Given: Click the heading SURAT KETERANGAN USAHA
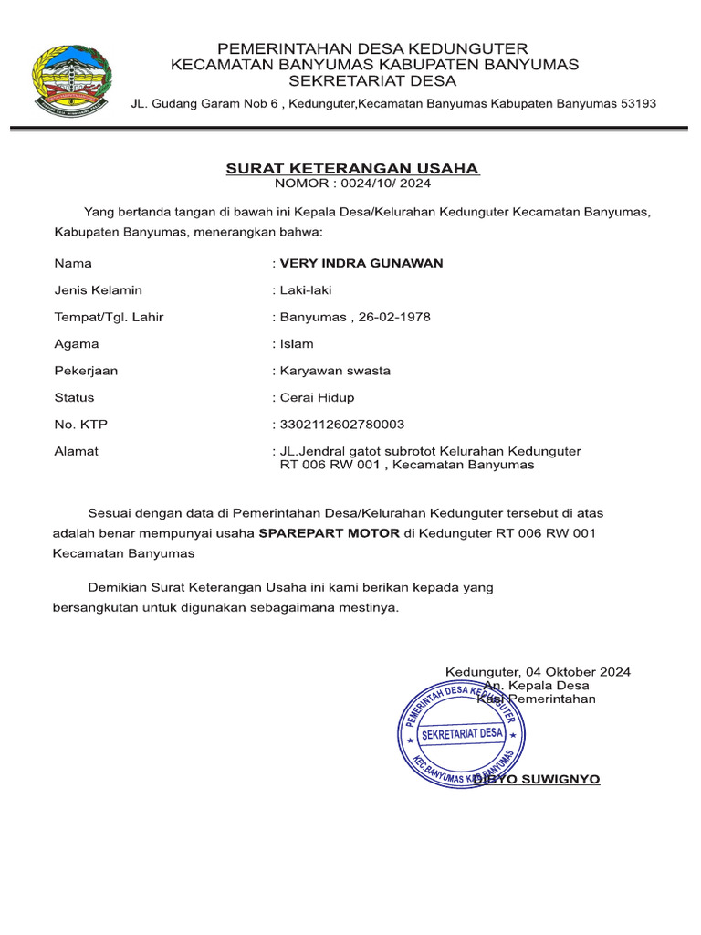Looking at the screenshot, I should pos(352,169).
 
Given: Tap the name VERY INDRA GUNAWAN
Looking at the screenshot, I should pos(361,263).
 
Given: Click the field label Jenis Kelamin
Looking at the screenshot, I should pos(98,290).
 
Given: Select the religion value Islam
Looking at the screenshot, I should pos(296,344).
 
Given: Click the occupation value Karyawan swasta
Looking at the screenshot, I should pos(334,371).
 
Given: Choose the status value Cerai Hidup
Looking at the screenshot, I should pos(316,398).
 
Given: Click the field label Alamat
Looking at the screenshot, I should pos(76,451).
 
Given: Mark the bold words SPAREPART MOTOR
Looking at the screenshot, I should pos(329,533).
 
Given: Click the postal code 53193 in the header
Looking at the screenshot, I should pos(638,103).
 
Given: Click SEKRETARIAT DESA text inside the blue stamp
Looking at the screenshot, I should pos(461,733).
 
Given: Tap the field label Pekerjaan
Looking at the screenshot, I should pos(86,371).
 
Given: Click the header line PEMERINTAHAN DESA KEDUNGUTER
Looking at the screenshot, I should pos(371,47).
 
